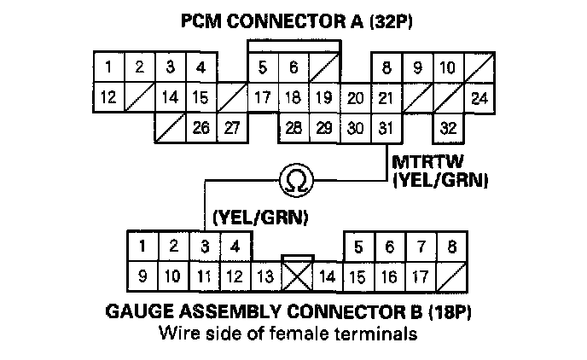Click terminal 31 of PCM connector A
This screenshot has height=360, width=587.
click(x=386, y=129)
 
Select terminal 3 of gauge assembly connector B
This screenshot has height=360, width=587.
click(x=204, y=247)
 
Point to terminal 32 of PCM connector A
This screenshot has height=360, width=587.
click(x=449, y=129)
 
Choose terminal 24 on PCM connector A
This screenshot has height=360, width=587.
click(x=479, y=98)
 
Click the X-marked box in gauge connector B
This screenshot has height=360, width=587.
click(x=297, y=275)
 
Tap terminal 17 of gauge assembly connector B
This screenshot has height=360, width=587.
click(x=419, y=276)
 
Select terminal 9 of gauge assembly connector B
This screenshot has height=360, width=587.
click(x=143, y=276)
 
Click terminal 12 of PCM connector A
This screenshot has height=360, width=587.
click(x=108, y=97)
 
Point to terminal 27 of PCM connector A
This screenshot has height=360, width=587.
click(x=230, y=129)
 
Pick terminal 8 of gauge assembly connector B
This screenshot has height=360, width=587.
click(x=451, y=247)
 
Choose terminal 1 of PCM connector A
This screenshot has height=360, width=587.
click(x=108, y=67)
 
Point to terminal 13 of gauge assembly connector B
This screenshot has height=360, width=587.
click(x=264, y=276)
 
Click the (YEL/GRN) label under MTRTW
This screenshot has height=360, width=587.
click(x=439, y=179)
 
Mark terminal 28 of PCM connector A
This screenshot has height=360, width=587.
click(x=293, y=129)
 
